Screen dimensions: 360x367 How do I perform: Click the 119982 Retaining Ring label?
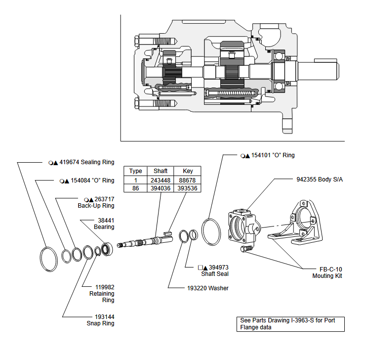(102, 293)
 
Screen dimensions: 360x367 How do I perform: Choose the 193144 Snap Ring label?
(104, 320)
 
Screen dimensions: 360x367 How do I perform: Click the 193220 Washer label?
(208, 288)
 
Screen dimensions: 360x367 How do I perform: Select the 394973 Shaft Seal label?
(213, 270)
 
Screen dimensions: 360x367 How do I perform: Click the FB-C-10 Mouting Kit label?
(327, 272)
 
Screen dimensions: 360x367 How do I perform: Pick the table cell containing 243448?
(161, 180)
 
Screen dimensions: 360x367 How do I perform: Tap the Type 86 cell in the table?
(135, 188)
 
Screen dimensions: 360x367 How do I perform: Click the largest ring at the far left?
(49, 259)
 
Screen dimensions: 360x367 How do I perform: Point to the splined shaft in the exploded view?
(143, 242)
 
